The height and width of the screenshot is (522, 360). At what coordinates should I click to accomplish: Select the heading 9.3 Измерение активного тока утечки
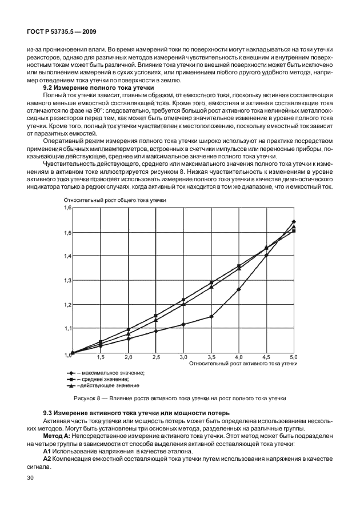pyautogui.click(x=137, y=413)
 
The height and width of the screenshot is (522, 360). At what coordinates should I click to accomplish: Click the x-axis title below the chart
pyautogui.click(x=243, y=363)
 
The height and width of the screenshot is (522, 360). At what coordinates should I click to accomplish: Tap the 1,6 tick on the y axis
pyautogui.click(x=67, y=208)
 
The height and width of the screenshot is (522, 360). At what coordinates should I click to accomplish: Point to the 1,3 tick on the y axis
pyautogui.click(x=67, y=280)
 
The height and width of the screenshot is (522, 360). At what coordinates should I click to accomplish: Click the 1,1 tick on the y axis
pyautogui.click(x=67, y=328)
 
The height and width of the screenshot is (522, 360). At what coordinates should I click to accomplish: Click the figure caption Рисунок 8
pyautogui.click(x=179, y=399)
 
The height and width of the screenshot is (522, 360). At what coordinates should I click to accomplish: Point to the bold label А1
pyautogui.click(x=47, y=451)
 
